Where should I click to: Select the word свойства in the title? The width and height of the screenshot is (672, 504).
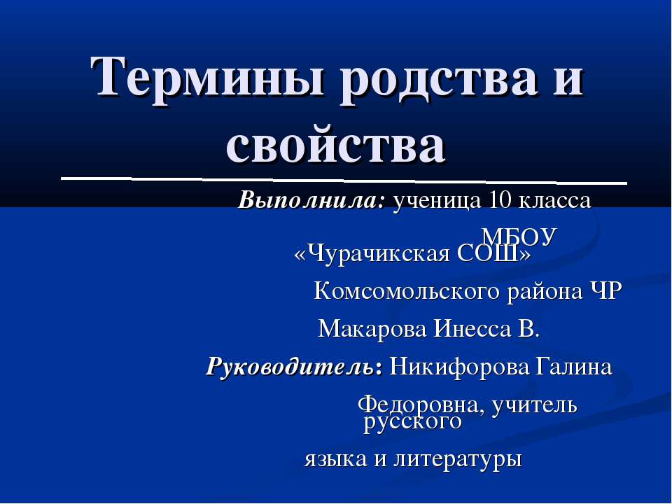[x=336, y=145]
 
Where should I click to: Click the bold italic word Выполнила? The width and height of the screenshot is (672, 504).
[x=312, y=202]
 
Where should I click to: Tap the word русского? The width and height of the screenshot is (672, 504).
[x=413, y=422]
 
